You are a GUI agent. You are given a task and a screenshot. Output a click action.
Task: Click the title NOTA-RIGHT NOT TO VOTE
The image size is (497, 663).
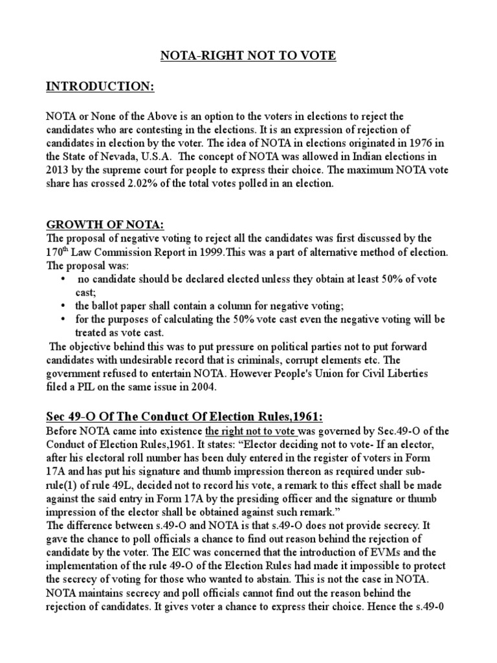pyautogui.click(x=248, y=56)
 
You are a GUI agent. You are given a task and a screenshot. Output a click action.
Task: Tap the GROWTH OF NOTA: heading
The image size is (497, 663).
pyautogui.click(x=105, y=225)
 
